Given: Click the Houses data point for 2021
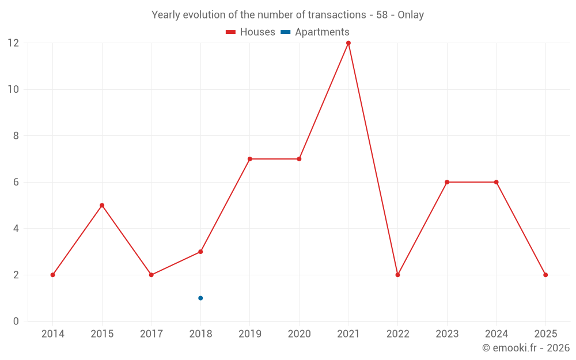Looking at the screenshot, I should tap(348, 43).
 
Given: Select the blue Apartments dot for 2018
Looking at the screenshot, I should tap(200, 298).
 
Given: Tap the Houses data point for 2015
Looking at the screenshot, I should tap(102, 205).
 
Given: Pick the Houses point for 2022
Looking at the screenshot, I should tap(397, 275).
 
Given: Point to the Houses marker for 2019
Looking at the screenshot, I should tap(250, 159).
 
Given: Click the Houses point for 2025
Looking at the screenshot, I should tap(545, 275).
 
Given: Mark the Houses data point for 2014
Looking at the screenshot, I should tap(52, 275).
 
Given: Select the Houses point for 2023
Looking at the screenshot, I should tap(447, 182).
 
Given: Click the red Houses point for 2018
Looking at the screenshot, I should tap(200, 252).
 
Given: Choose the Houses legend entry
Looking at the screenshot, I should tap(251, 32).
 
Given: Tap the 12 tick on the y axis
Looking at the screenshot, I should tap(13, 43).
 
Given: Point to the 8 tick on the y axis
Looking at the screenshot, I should tap(16, 136).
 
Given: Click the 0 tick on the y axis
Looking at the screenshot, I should tap(16, 321).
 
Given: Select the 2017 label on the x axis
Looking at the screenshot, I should tap(151, 334).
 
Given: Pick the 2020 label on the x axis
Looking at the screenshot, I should tap(299, 334).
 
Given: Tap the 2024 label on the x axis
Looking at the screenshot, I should tap(496, 334).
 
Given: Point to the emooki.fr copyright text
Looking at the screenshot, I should tap(526, 348).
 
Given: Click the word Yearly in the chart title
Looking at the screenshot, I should tap(166, 15).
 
